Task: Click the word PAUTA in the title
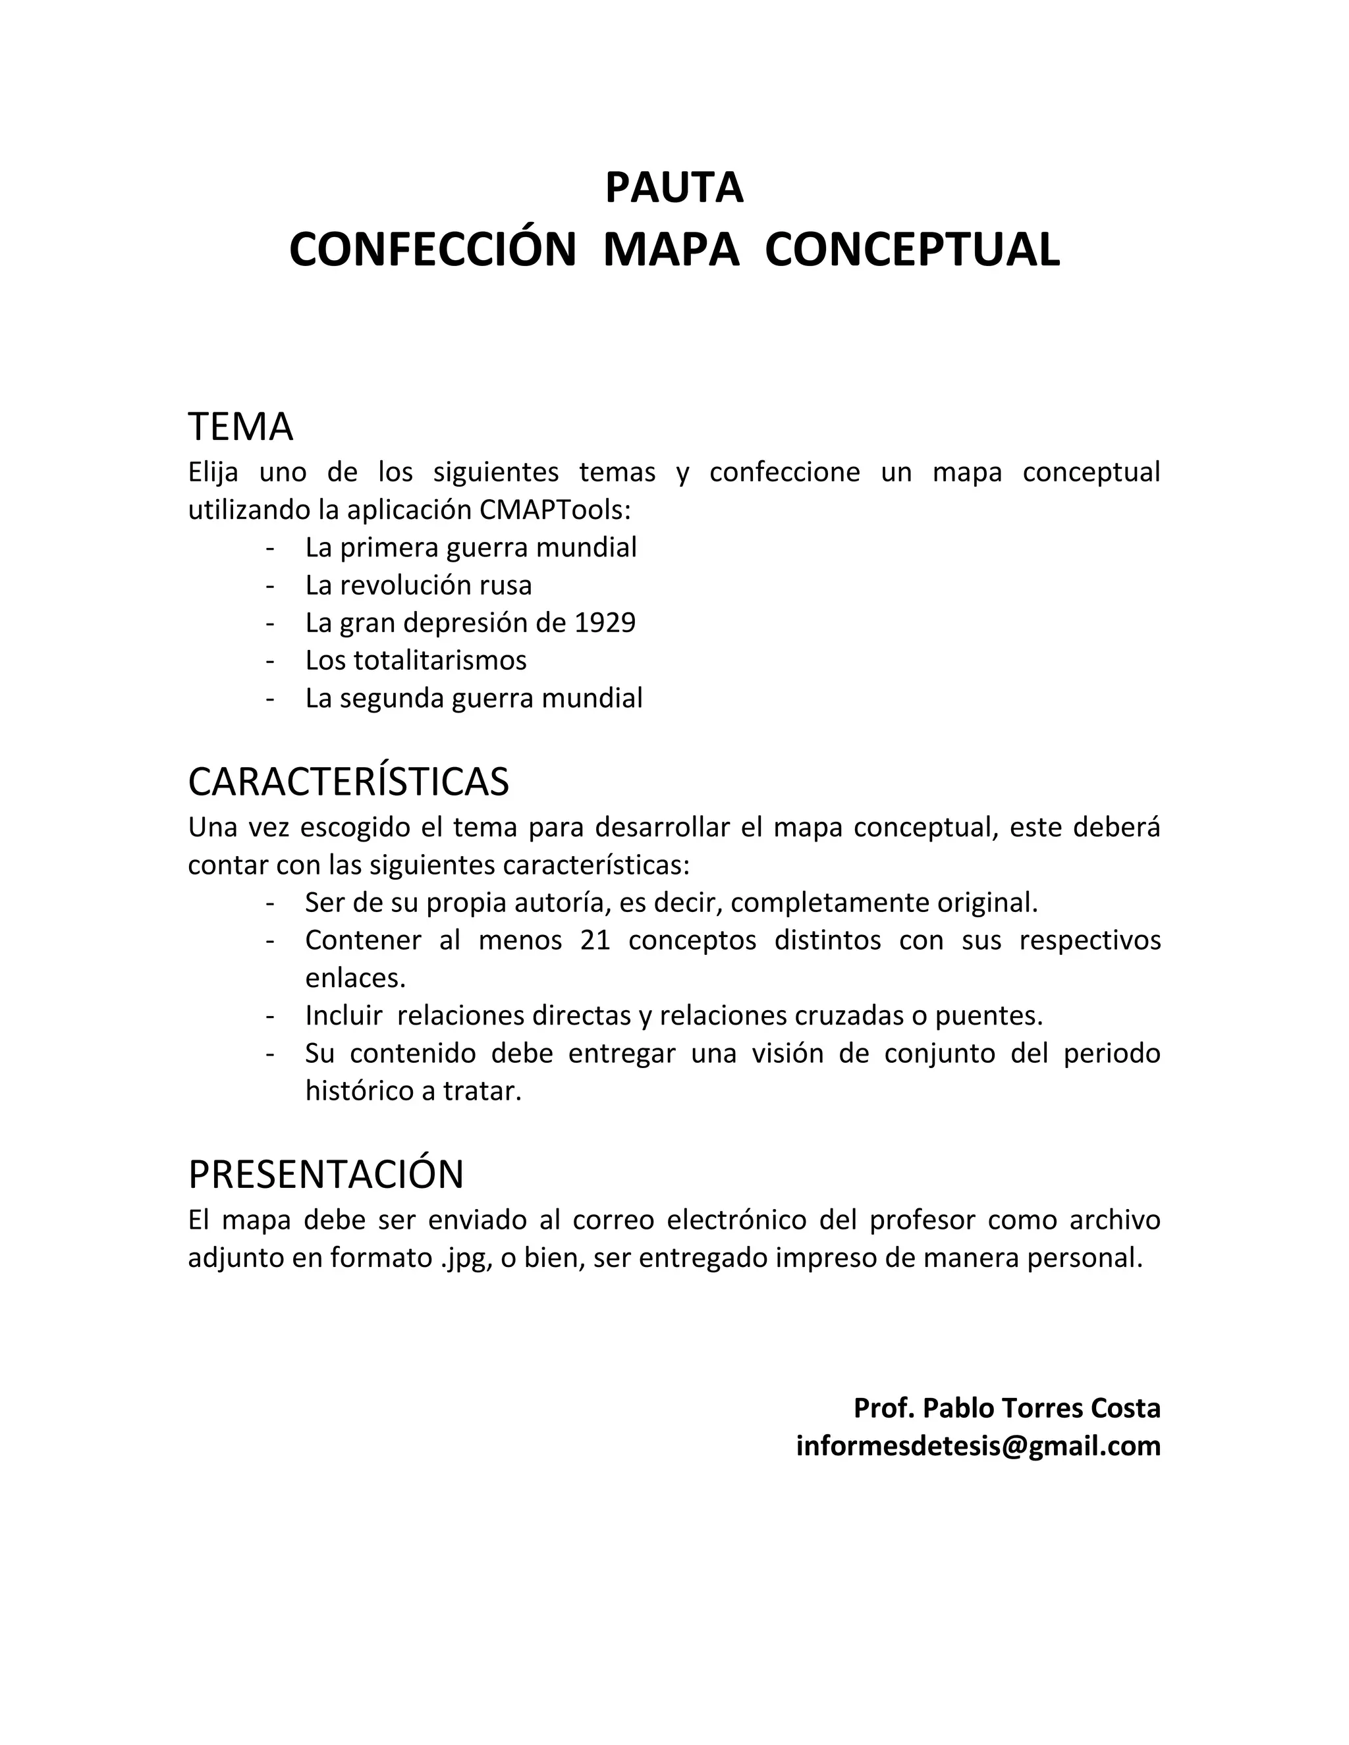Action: pyautogui.click(x=674, y=188)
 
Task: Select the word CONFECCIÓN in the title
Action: pyautogui.click(x=432, y=250)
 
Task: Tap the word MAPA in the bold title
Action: pyautogui.click(x=671, y=250)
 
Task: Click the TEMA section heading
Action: pyautogui.click(x=240, y=427)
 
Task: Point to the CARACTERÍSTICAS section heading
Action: pyautogui.click(x=348, y=782)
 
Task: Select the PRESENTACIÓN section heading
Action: pyautogui.click(x=326, y=1173)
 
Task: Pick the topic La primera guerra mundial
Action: pyautogui.click(x=471, y=547)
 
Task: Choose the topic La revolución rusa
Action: pyautogui.click(x=418, y=585)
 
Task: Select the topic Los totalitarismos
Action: pyautogui.click(x=416, y=660)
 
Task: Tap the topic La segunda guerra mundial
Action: pyautogui.click(x=474, y=697)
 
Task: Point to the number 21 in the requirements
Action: pyautogui.click(x=595, y=940)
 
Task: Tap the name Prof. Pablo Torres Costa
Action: pyautogui.click(x=1007, y=1408)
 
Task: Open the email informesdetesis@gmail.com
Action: pyautogui.click(x=978, y=1445)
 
